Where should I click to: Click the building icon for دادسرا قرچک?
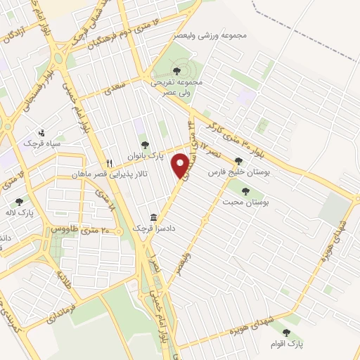pyautogui.click(x=153, y=217)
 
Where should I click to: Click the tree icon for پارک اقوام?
pyautogui.click(x=285, y=333)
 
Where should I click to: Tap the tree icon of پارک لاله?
pyautogui.click(x=18, y=202)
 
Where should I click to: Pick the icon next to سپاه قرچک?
pyautogui.click(x=43, y=131)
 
